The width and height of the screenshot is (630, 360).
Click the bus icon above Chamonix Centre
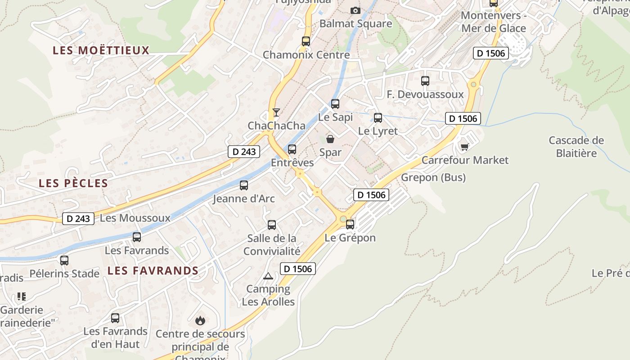click(306, 41)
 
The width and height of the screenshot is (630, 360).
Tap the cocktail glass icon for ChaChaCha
click(276, 112)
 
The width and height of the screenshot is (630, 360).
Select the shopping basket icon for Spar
click(330, 139)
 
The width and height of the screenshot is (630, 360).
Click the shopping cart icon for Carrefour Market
click(465, 147)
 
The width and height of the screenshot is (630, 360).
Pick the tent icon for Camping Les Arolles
click(268, 276)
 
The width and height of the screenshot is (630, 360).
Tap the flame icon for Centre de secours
click(200, 320)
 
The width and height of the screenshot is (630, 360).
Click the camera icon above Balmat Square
click(355, 10)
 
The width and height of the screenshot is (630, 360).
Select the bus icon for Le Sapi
click(335, 104)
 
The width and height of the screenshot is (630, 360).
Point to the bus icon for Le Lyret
click(378, 118)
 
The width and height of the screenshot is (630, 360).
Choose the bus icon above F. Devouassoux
click(425, 81)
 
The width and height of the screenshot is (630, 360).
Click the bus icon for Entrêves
click(292, 149)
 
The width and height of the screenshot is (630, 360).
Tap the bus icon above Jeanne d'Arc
click(244, 185)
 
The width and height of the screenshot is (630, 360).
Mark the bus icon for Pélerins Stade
click(64, 260)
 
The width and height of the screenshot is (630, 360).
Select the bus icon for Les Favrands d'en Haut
click(115, 318)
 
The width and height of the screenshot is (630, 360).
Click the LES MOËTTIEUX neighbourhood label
click(101, 50)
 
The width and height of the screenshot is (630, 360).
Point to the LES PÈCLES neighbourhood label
click(73, 183)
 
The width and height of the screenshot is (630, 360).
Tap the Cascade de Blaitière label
click(576, 147)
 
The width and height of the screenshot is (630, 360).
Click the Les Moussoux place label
click(135, 218)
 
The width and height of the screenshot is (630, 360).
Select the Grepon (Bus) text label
click(433, 177)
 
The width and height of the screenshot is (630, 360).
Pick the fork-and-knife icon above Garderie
click(22, 297)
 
